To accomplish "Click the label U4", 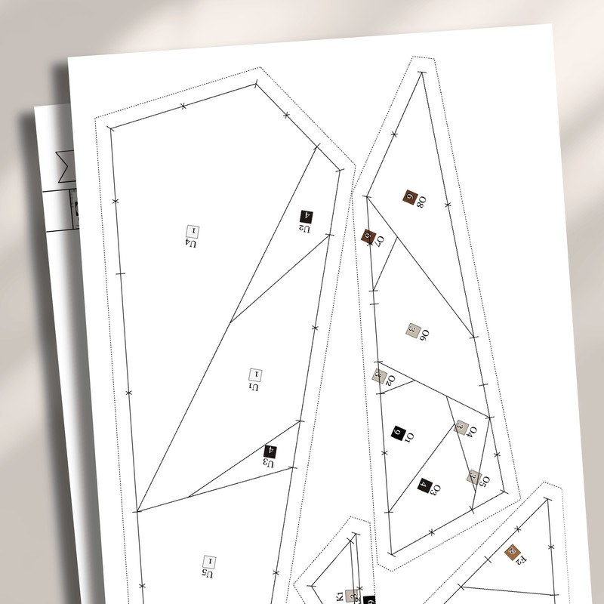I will pyautogui.click(x=192, y=244).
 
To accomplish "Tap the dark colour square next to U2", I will pyautogui.click(x=307, y=217).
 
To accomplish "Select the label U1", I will pyautogui.click(x=254, y=387).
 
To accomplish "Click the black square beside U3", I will pyautogui.click(x=270, y=452).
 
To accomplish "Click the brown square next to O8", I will pyautogui.click(x=411, y=197).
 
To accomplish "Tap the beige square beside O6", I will pyautogui.click(x=413, y=329).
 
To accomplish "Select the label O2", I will pyautogui.click(x=390, y=380).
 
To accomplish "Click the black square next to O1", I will pyautogui.click(x=399, y=433).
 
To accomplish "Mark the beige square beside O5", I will pyautogui.click(x=473, y=476).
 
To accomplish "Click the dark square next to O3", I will pyautogui.click(x=424, y=485).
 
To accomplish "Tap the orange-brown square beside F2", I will pyautogui.click(x=513, y=552).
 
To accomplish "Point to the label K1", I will pyautogui.click(x=340, y=596).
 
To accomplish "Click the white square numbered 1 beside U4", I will pyautogui.click(x=192, y=230).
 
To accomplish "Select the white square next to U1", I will pyautogui.click(x=254, y=374).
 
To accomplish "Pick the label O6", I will pyautogui.click(x=425, y=334).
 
